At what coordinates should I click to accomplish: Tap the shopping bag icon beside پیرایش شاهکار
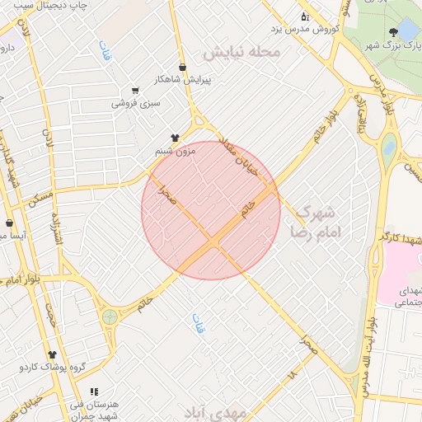pyautogui.click(x=182, y=68)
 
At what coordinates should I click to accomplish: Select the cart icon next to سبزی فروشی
pyautogui.click(x=135, y=91)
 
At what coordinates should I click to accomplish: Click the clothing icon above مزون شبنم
pyautogui.click(x=175, y=138)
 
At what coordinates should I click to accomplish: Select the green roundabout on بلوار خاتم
pyautogui.click(x=110, y=316)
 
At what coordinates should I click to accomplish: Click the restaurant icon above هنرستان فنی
pyautogui.click(x=94, y=392)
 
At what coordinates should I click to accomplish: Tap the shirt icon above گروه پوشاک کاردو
pyautogui.click(x=52, y=354)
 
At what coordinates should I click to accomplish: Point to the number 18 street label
pyautogui.click(x=291, y=374)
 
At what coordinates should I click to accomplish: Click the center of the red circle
pyautogui.click(x=211, y=210)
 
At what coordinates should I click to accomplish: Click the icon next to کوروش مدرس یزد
pyautogui.click(x=304, y=16)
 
